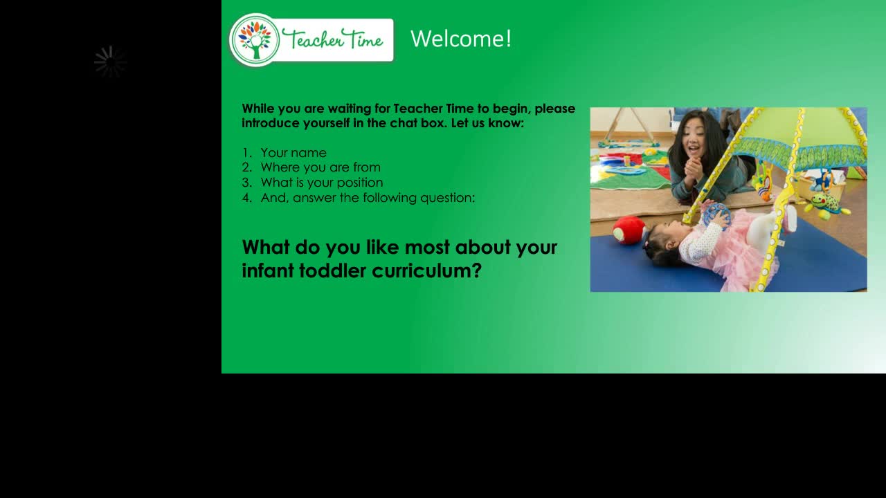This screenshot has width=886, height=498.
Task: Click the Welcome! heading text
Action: click(461, 39)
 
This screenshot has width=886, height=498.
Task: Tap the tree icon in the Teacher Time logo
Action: click(255, 40)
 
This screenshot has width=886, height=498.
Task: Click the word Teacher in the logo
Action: click(312, 39)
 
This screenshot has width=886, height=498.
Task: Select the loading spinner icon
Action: click(110, 62)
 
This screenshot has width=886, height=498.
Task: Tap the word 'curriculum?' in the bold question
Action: click(427, 270)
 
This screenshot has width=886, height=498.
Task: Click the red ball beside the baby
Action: click(629, 230)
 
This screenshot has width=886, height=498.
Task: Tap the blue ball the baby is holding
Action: click(716, 214)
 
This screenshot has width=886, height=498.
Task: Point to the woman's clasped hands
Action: click(694, 169)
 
